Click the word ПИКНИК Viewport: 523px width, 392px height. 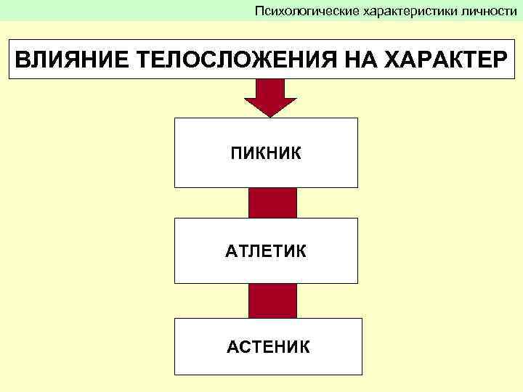[x=265, y=153]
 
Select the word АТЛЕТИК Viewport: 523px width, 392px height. [x=265, y=251]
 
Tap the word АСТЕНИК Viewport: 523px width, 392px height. [x=267, y=347]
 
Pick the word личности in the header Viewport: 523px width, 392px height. [x=490, y=10]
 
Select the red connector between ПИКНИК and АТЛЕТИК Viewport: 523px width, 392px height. [x=272, y=203]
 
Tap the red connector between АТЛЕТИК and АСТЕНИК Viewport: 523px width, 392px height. [x=272, y=301]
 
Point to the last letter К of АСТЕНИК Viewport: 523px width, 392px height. [x=304, y=347]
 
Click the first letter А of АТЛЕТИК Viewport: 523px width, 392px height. [x=230, y=251]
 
